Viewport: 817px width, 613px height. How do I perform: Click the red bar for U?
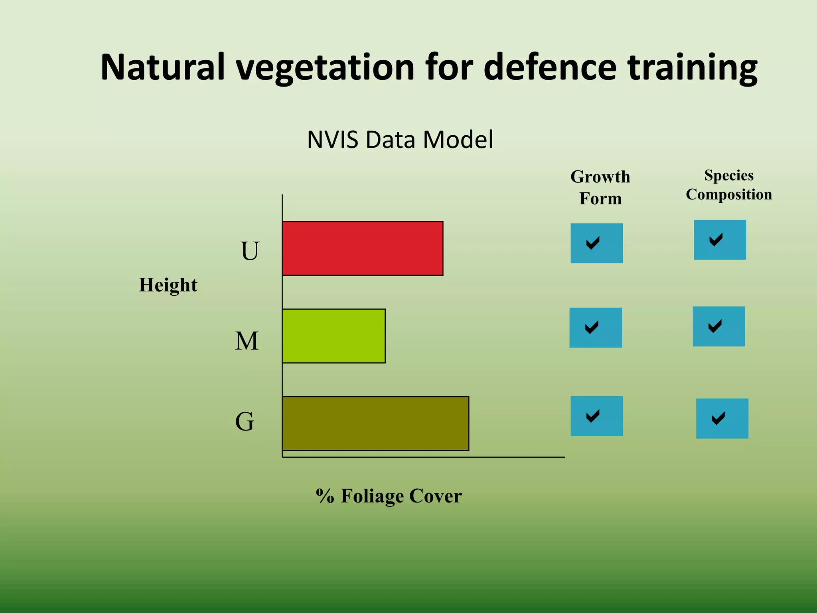pyautogui.click(x=362, y=248)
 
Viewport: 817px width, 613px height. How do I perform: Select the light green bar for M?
pyautogui.click(x=334, y=336)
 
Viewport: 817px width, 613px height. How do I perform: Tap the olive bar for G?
pyautogui.click(x=375, y=423)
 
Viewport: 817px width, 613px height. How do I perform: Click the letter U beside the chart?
pyautogui.click(x=250, y=251)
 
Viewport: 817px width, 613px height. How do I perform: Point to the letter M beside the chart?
pyautogui.click(x=247, y=341)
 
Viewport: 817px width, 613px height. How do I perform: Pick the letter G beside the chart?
pyautogui.click(x=245, y=421)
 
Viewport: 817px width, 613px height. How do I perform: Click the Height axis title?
pyautogui.click(x=168, y=285)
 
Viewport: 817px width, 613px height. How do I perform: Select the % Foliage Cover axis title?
pyautogui.click(x=389, y=496)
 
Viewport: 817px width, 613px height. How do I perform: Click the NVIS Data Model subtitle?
pyautogui.click(x=400, y=140)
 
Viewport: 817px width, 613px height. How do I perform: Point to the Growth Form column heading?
pyautogui.click(x=600, y=188)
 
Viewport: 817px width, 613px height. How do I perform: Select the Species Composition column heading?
pyautogui.click(x=729, y=185)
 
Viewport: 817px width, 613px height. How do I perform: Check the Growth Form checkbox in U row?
pyautogui.click(x=596, y=243)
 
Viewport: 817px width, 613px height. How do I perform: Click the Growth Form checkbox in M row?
pyautogui.click(x=596, y=328)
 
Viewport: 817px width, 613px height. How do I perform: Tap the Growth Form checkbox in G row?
pyautogui.click(x=596, y=416)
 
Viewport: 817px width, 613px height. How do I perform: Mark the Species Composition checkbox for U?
pyautogui.click(x=720, y=240)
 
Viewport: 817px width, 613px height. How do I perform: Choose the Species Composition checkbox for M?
pyautogui.click(x=719, y=326)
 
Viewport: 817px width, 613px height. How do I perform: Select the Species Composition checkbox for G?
pyautogui.click(x=722, y=418)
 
